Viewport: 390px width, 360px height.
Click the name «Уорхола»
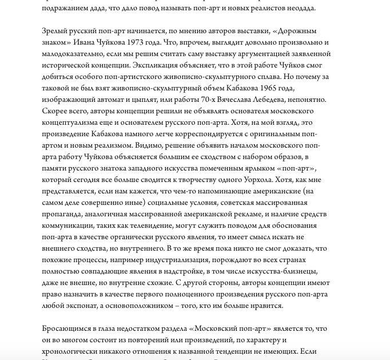click(x=249, y=179)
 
